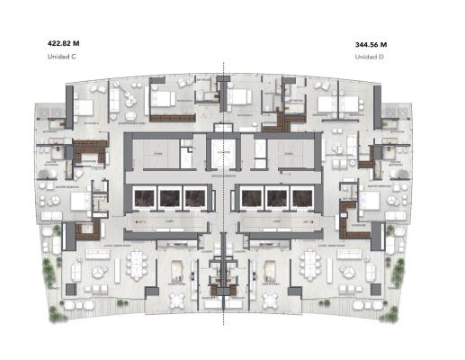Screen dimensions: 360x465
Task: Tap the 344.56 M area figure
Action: (x=376, y=42)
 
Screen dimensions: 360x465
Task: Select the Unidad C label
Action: (x=61, y=57)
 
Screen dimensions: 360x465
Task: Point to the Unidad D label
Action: (x=370, y=57)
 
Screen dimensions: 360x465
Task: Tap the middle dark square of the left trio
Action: (x=169, y=197)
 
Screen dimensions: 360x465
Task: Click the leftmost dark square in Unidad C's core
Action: (x=143, y=197)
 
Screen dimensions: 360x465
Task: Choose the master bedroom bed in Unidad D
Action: (x=370, y=201)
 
